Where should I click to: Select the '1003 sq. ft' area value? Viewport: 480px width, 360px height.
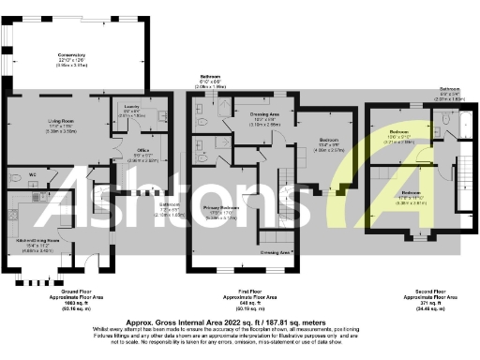click(x=63, y=304)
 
